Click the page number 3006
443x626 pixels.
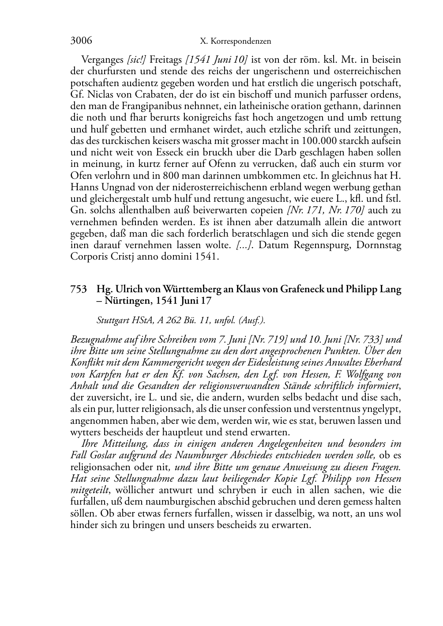tap(81, 41)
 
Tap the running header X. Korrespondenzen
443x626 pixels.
tap(235, 41)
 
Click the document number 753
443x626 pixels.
tap(79, 290)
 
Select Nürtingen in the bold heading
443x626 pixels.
tap(126, 301)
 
